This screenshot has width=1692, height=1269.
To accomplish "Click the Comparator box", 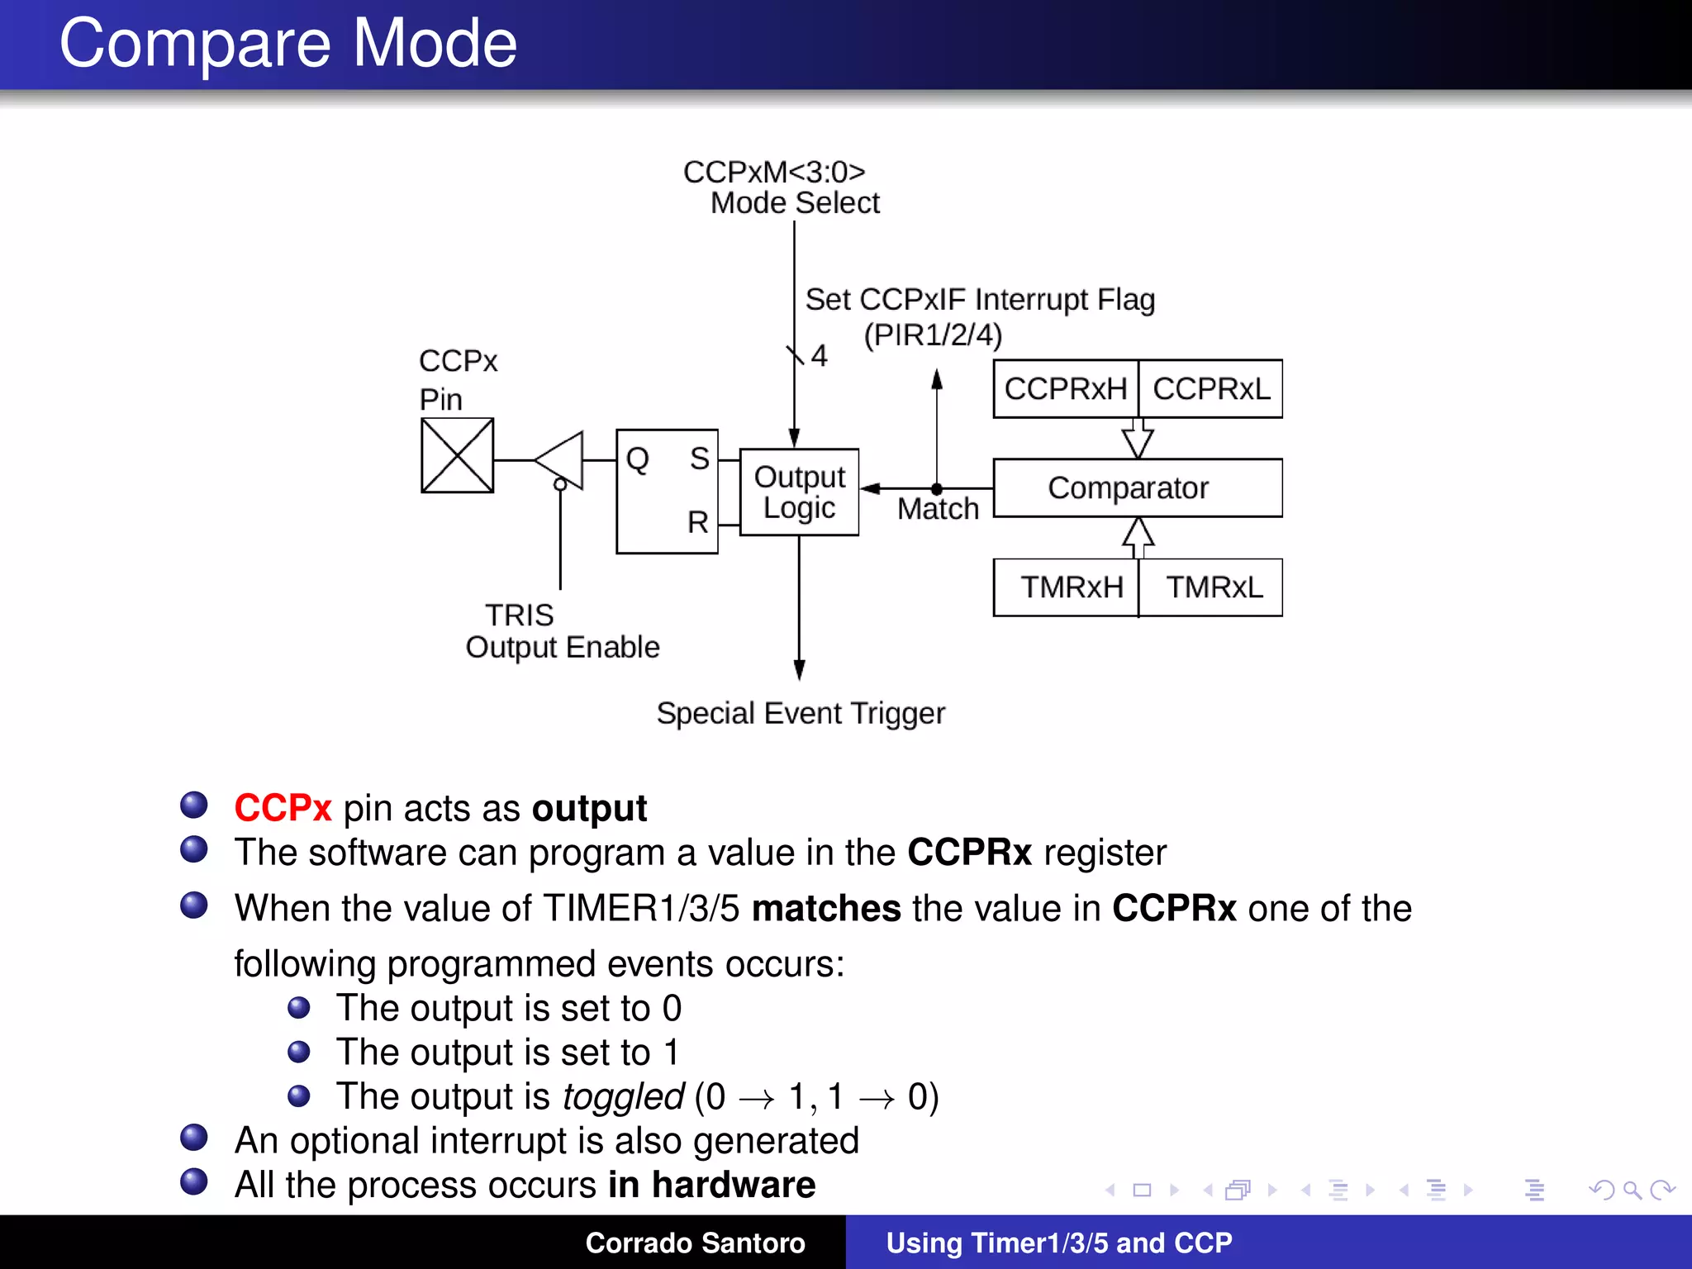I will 1137,488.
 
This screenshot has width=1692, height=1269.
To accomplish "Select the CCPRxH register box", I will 1065,388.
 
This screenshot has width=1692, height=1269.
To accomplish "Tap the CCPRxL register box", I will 1211,388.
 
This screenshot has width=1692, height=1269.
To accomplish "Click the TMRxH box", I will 1072,587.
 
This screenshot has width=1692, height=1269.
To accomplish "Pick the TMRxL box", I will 1214,587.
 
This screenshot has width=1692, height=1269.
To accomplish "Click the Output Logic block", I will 799,492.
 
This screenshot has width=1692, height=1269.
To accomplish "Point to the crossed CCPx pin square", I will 457,455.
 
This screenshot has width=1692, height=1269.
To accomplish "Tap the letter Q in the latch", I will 637,459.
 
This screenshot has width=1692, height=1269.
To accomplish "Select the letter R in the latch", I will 698,522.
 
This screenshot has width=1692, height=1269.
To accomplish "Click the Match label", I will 938,509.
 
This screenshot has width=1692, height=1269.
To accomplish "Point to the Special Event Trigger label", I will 800,713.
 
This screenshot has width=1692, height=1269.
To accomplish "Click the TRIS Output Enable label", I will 562,631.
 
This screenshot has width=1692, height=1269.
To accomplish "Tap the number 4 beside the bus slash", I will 819,356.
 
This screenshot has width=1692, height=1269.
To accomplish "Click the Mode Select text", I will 795,203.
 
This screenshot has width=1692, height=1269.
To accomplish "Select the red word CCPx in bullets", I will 283,808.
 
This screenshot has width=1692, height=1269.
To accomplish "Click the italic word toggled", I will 623,1096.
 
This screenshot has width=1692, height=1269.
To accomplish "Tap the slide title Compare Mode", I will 288,43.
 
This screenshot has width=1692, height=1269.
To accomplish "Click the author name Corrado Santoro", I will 695,1243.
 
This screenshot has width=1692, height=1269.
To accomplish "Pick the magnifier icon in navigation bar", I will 1631,1191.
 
